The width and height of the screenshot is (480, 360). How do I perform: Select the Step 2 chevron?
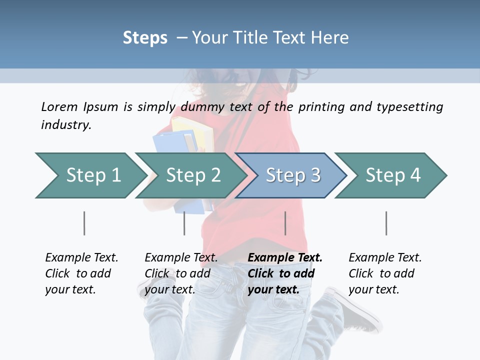tap(190, 175)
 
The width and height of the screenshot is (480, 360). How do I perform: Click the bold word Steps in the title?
tap(145, 38)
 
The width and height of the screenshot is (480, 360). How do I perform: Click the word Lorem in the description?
tap(59, 107)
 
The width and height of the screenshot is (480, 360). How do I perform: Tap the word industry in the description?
tap(65, 125)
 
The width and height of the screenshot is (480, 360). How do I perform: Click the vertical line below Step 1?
tap(84, 223)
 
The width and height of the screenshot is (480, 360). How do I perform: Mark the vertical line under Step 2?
tap(184, 223)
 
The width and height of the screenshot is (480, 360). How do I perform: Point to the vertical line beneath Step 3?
tap(285, 223)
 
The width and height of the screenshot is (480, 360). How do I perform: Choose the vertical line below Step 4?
tap(386, 223)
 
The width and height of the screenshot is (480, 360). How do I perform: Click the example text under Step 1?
tap(81, 273)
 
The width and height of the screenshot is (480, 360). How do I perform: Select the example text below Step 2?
tap(181, 273)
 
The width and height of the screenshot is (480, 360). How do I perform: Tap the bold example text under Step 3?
tap(285, 273)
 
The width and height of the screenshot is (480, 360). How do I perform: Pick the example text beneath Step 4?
tap(385, 273)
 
